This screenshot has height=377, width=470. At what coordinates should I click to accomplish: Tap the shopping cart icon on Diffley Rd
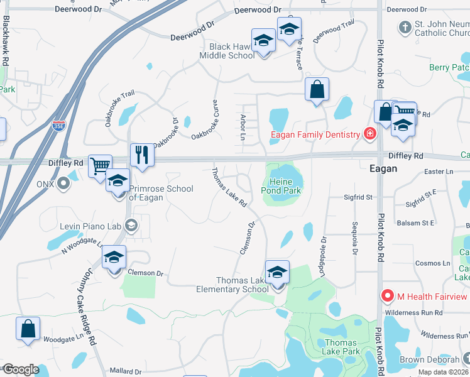click(100, 167)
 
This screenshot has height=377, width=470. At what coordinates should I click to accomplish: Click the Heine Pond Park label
click(281, 186)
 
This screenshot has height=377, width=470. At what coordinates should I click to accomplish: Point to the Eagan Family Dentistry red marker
click(370, 134)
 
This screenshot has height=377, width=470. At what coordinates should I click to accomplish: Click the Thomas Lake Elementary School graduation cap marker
click(277, 272)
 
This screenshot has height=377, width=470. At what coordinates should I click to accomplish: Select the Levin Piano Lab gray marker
click(131, 224)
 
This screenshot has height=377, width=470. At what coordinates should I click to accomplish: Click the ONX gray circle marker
click(63, 183)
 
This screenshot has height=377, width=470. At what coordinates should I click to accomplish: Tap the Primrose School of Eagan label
click(146, 193)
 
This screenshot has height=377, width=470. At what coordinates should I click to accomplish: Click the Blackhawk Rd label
click(5, 40)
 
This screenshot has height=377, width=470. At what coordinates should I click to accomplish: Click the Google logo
click(21, 369)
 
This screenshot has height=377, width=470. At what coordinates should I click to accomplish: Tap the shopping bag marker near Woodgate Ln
click(28, 329)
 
